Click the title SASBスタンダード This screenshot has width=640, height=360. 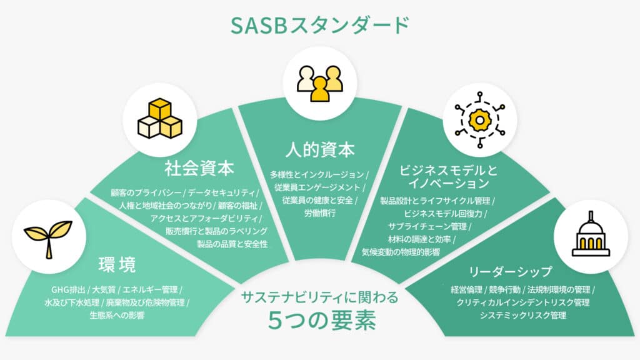click(320, 25)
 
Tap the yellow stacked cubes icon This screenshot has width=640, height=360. click(160, 119)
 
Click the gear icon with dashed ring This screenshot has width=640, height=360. click(479, 119)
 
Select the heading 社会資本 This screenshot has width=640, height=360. click(199, 168)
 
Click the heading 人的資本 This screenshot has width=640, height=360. click(320, 149)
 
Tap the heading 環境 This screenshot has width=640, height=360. click(117, 265)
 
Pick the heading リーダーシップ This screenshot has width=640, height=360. click(510, 271)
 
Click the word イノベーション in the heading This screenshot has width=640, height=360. click(449, 183)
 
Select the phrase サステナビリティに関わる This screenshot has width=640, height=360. click(319, 297)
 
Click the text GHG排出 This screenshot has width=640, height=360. click(68, 290)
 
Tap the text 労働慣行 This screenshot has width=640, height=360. click(319, 213)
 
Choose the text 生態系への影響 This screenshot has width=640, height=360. click(117, 315)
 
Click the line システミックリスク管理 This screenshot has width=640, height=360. click(523, 315)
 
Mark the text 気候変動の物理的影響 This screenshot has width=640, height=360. click(401, 252)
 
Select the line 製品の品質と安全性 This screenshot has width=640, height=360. click(232, 244)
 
